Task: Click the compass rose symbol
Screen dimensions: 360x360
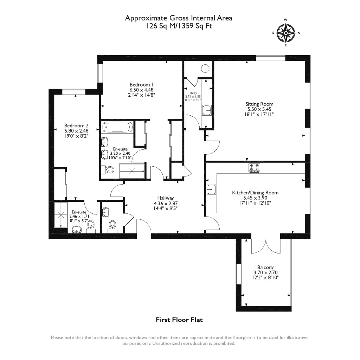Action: click(286, 33)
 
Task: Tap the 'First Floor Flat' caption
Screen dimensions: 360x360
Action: click(180, 320)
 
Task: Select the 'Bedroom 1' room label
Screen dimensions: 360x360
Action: click(142, 84)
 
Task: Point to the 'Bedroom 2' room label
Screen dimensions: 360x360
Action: click(76, 126)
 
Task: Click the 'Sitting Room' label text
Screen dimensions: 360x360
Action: click(259, 104)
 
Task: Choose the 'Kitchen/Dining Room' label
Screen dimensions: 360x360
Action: click(255, 193)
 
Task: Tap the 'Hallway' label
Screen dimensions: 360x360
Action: click(166, 198)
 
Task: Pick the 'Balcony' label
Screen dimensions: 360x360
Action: click(265, 267)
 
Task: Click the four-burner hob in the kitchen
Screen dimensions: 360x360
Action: click(254, 168)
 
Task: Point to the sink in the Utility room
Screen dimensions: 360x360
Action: click(207, 110)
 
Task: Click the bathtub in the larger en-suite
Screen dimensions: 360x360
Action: click(117, 127)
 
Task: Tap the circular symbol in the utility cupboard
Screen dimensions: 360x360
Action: click(205, 69)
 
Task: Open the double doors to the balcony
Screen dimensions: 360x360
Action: click(265, 245)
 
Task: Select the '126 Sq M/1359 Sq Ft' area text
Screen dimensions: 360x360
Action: click(179, 26)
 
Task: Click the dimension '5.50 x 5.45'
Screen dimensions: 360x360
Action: click(259, 109)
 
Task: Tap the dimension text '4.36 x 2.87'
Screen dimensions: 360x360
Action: click(166, 204)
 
